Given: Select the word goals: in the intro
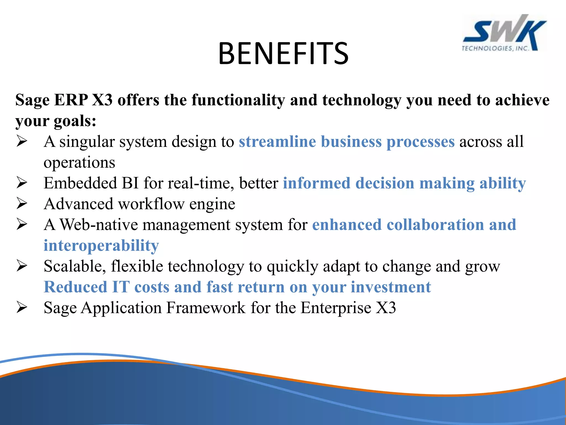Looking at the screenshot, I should [75, 121].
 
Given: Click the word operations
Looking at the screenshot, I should [79, 162].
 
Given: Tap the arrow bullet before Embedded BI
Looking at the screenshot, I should [22, 183].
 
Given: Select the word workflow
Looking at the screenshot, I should [151, 204].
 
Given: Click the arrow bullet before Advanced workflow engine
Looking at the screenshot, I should [22, 204].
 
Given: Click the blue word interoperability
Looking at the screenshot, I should [101, 246].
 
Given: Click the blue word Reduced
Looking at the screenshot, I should [75, 287].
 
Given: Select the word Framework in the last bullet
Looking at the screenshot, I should [206, 308].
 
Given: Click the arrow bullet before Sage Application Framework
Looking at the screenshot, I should [22, 307].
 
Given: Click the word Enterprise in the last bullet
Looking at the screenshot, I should [336, 308].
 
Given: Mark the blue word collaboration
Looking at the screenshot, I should [435, 224].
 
